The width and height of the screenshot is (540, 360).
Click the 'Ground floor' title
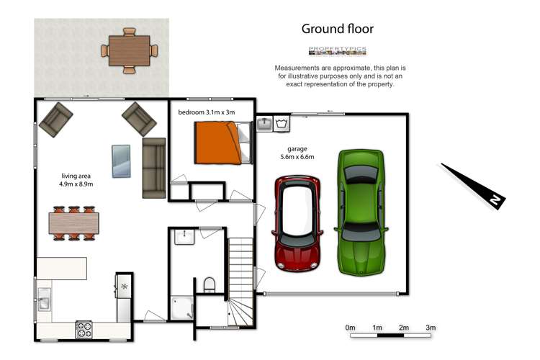tap(337, 29)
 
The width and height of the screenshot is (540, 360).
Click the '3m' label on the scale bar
tap(431, 328)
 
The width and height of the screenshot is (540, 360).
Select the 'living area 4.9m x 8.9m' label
tap(76, 179)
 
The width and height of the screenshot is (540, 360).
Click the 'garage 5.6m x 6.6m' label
tap(297, 153)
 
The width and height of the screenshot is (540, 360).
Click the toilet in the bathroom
tap(210, 285)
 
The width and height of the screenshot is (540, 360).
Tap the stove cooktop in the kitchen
tap(85, 330)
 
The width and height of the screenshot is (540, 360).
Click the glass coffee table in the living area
tap(122, 160)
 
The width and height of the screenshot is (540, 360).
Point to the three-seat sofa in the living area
tap(153, 167)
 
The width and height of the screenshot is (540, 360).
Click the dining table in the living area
tap(73, 223)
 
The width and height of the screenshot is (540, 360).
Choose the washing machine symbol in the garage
tap(282, 125)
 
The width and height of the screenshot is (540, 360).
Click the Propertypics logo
tap(337, 50)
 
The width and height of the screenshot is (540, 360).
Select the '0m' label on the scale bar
tap(351, 328)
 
